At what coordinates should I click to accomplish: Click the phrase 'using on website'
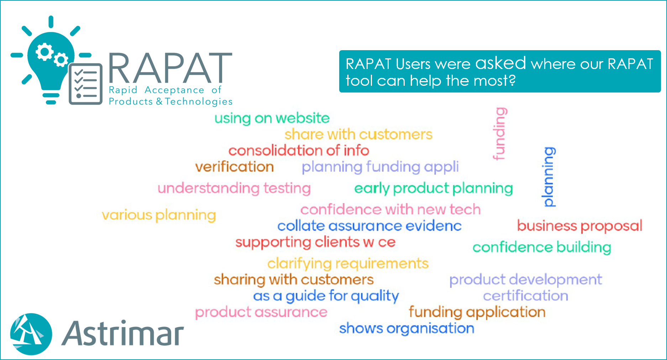pyautogui.click(x=272, y=118)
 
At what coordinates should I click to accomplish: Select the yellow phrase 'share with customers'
pyautogui.click(x=358, y=134)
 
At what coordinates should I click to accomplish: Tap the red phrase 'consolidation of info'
pyautogui.click(x=299, y=150)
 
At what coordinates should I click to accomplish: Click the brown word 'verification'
pyautogui.click(x=235, y=167)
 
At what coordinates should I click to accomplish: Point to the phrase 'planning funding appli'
pyautogui.click(x=380, y=167)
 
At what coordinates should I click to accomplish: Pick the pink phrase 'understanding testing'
pyautogui.click(x=234, y=189)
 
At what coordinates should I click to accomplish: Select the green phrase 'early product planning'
pyautogui.click(x=434, y=189)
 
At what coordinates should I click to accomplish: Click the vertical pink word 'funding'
pyautogui.click(x=500, y=134)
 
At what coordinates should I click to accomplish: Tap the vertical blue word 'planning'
pyautogui.click(x=549, y=177)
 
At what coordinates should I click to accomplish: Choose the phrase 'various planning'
pyautogui.click(x=159, y=215)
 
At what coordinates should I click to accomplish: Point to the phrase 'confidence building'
pyautogui.click(x=542, y=248)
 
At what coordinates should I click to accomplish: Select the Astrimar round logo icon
pyautogui.click(x=31, y=334)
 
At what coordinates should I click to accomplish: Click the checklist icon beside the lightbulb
pyautogui.click(x=86, y=84)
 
